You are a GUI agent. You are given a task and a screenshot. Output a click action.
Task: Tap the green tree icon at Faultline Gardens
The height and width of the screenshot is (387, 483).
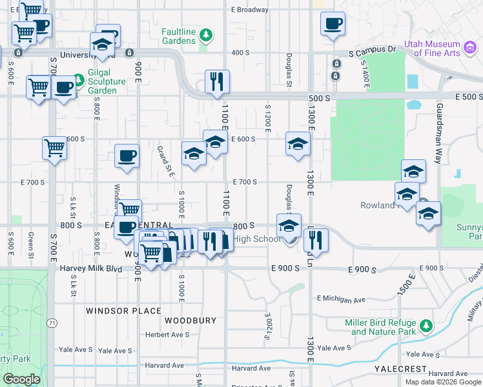205,34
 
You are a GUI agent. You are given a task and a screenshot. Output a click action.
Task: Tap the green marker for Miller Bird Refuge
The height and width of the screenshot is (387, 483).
426,326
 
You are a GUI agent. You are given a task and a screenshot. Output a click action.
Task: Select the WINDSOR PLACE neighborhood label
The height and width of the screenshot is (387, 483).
123,310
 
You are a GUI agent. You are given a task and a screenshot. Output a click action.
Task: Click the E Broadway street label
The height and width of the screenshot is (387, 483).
249,10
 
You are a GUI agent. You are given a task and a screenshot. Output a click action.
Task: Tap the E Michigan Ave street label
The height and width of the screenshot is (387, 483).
341,299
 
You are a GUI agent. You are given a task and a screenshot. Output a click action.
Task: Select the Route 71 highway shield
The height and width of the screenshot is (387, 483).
51,321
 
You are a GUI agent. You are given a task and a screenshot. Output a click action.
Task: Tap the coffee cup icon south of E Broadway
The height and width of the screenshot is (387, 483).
333,25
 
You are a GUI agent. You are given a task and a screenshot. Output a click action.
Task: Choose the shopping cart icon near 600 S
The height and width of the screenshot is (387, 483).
54,148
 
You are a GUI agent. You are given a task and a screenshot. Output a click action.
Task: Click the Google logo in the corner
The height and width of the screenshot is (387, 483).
21,379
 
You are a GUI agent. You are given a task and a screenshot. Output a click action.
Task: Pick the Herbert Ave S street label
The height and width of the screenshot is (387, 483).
167,334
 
